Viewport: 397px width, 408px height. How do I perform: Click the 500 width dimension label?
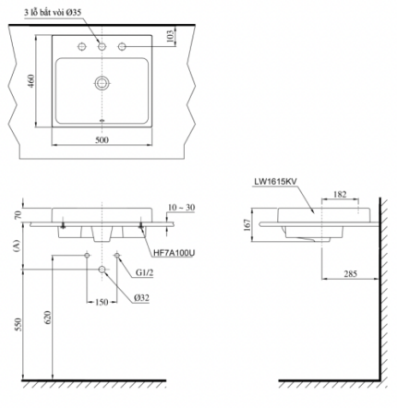click(x=102, y=139)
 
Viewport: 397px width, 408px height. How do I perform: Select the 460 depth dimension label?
click(x=32, y=82)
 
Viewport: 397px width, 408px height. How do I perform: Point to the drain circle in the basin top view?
click(x=102, y=83)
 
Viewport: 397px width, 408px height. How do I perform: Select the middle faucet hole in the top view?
click(x=102, y=46)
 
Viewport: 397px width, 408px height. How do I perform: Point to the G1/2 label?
click(x=145, y=273)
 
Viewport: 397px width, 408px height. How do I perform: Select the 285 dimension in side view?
click(x=349, y=274)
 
